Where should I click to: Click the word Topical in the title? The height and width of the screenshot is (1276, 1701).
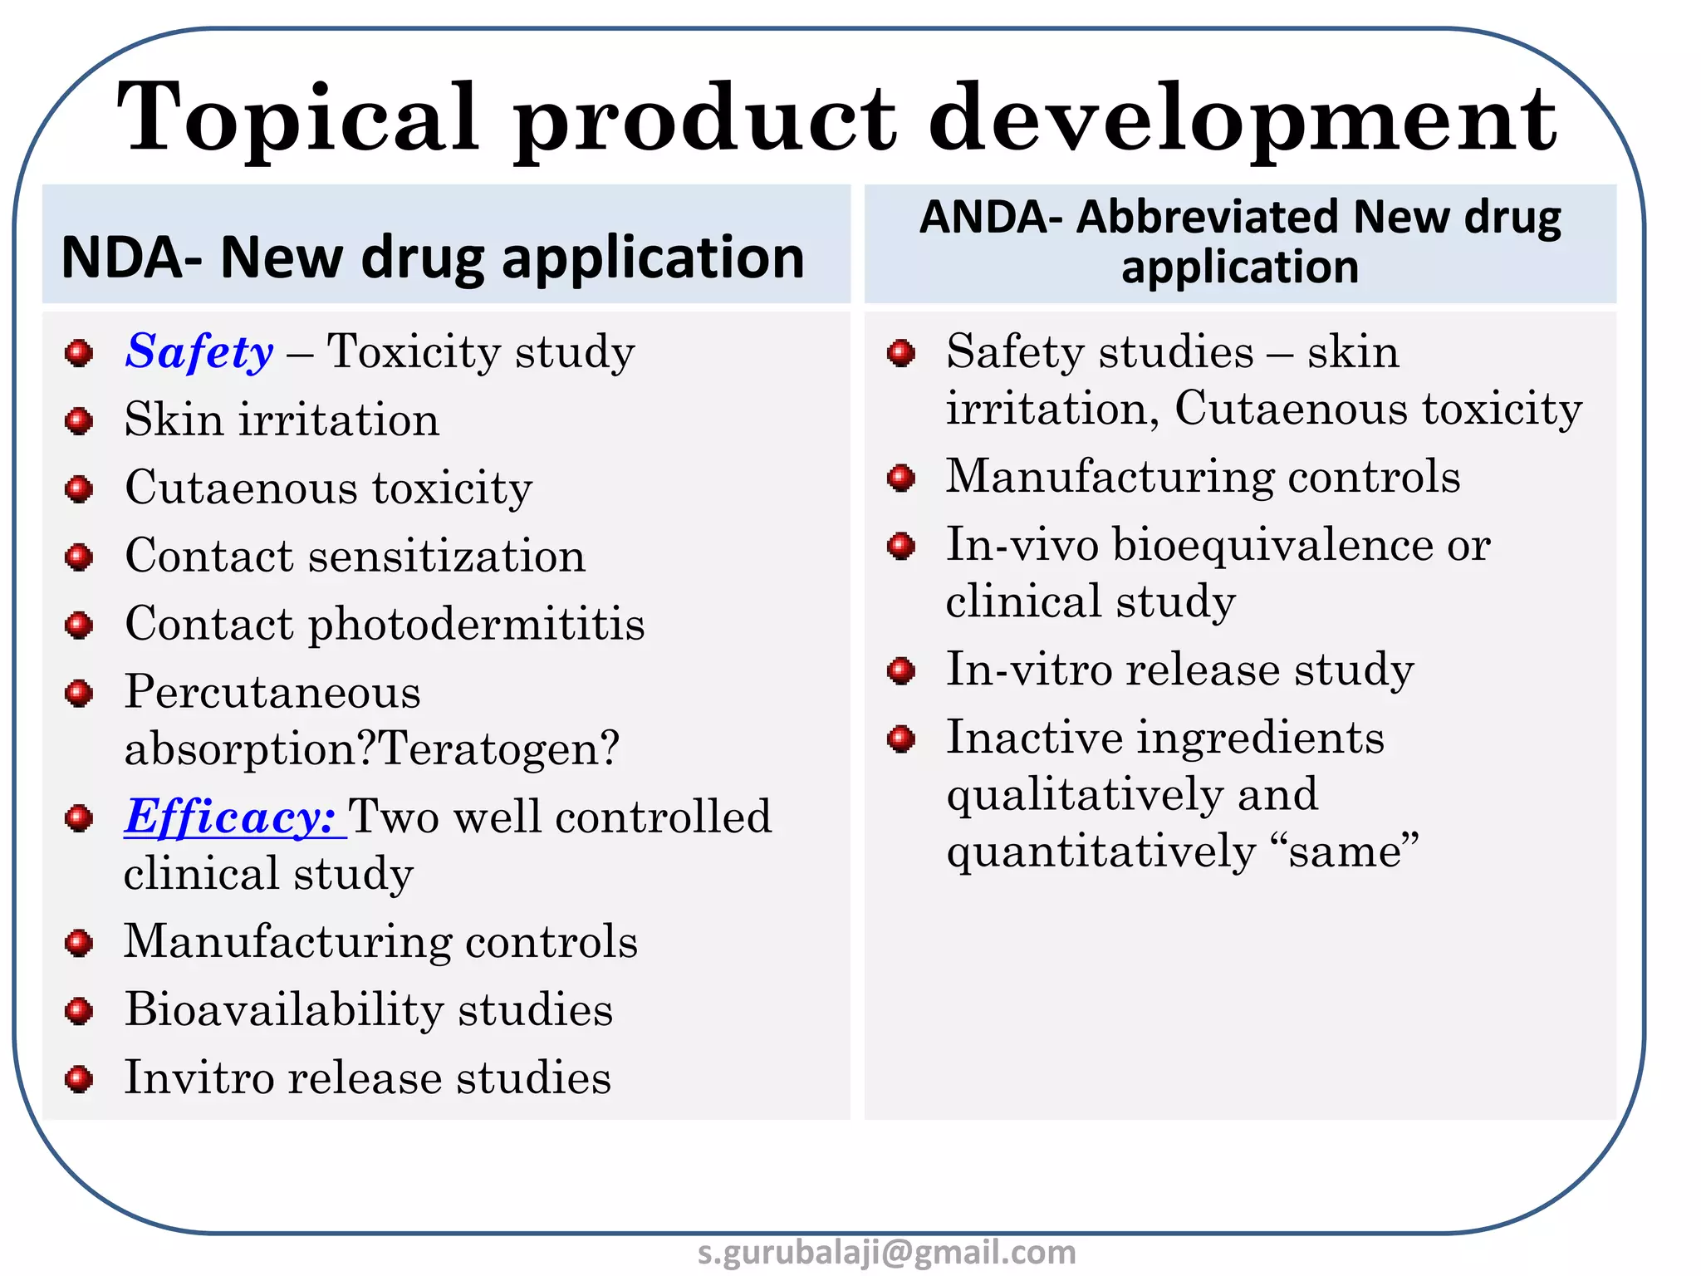(x=299, y=118)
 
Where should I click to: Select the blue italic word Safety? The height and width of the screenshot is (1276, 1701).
(x=199, y=351)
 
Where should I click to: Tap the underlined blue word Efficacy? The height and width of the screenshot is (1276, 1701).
(x=230, y=817)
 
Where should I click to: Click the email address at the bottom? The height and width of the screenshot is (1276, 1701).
(x=886, y=1253)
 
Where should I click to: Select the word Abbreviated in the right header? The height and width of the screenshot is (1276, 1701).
(x=1208, y=218)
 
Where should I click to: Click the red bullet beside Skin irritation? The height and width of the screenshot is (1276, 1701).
(x=79, y=421)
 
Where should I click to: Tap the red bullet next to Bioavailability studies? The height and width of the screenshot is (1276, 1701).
(x=79, y=1011)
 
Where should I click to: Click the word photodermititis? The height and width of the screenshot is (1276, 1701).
(x=477, y=625)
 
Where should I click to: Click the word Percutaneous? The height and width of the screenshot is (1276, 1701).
(x=272, y=692)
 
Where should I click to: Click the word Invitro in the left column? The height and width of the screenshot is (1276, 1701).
(x=199, y=1078)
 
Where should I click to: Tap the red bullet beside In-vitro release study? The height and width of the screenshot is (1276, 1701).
(x=901, y=670)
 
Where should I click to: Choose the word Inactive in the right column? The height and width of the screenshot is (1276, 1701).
(x=1034, y=738)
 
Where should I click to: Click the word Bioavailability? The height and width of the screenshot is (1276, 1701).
(x=284, y=1010)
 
